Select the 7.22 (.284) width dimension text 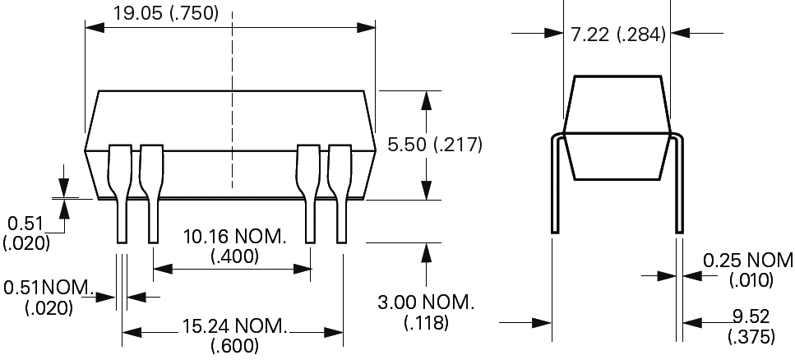(x=617, y=35)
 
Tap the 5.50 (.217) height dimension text (x=434, y=145)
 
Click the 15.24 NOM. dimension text (x=233, y=327)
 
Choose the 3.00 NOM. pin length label (x=426, y=302)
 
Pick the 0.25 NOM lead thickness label (x=747, y=261)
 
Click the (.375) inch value (x=751, y=336)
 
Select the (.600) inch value (x=234, y=346)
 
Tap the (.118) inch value (x=426, y=322)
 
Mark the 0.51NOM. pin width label (x=48, y=288)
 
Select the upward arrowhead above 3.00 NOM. (x=426, y=252)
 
